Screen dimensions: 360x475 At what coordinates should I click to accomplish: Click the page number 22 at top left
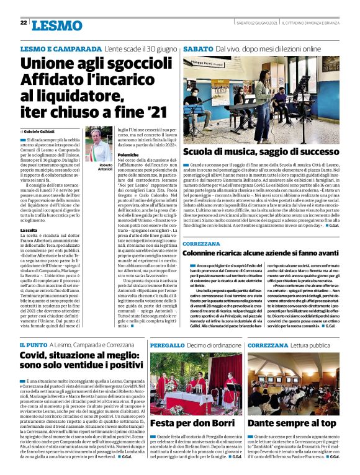(x=23, y=23)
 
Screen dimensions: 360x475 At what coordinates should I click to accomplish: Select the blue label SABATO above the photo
(x=197, y=48)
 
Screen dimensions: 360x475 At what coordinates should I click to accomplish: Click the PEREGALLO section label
(x=166, y=344)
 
